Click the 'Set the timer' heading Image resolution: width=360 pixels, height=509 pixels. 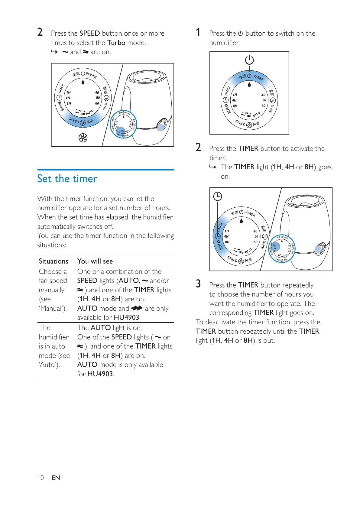[x=67, y=179]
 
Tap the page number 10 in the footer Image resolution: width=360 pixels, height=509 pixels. [x=41, y=478]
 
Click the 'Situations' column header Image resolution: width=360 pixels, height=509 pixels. [x=54, y=261]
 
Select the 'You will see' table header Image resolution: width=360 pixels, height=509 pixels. [x=95, y=261]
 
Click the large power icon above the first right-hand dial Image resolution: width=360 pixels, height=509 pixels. [x=249, y=60]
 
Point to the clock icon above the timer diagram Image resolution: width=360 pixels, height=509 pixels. [x=218, y=196]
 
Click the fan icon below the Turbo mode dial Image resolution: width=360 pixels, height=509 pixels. [x=83, y=138]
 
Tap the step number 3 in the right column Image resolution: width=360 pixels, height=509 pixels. [x=198, y=284]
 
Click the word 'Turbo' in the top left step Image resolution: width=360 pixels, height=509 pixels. [x=116, y=43]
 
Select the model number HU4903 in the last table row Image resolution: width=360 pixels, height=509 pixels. [x=100, y=374]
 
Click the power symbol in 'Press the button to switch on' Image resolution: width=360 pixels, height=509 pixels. [x=240, y=34]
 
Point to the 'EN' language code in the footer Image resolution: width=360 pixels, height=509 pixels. [x=56, y=478]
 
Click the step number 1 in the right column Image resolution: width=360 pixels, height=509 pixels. [x=198, y=32]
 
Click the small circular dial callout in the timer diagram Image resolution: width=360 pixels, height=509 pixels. [x=282, y=248]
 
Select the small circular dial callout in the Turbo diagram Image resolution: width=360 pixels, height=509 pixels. [x=124, y=124]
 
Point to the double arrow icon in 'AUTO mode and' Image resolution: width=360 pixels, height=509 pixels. [x=137, y=308]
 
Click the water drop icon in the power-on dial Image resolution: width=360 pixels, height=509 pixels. [x=249, y=85]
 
